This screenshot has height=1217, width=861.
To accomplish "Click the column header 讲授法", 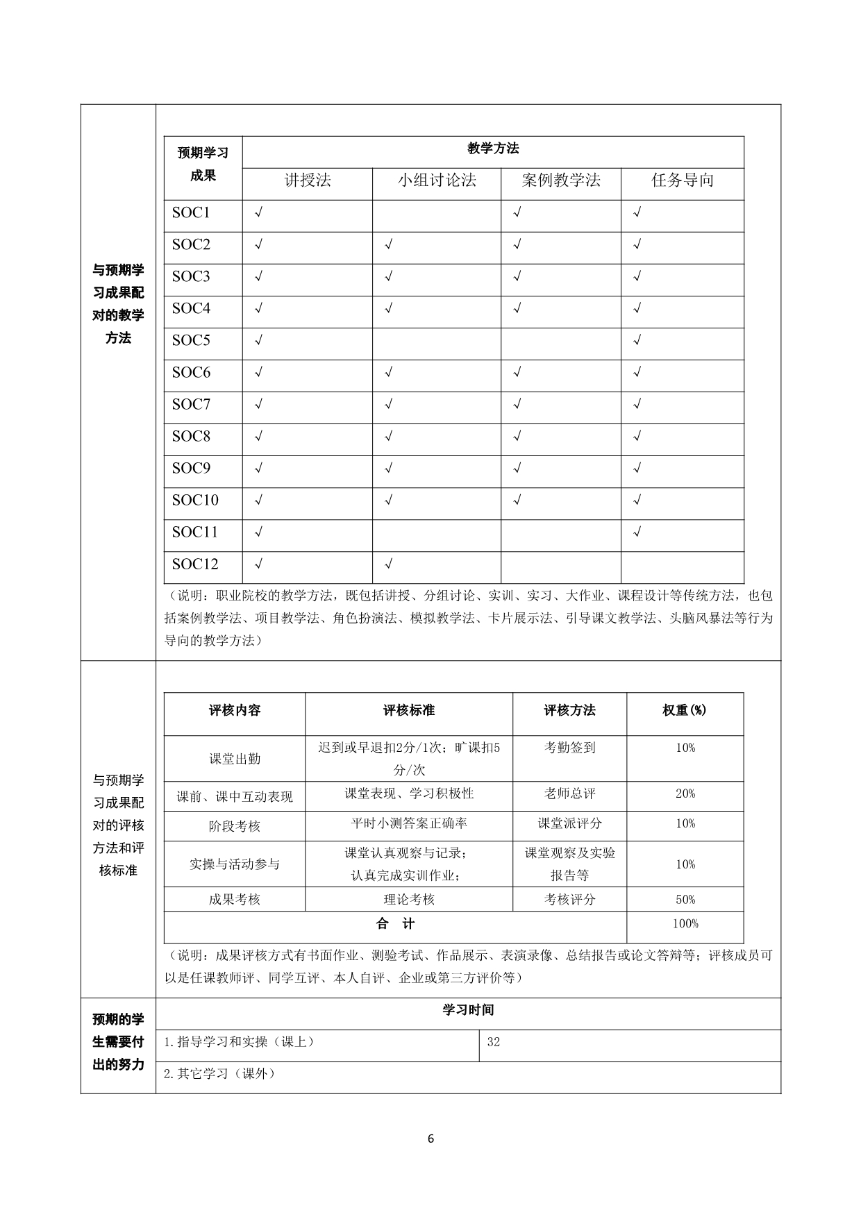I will click(x=308, y=181).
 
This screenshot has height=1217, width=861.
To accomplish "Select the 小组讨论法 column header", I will click(x=437, y=181).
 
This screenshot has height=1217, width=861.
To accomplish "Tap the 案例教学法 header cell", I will click(x=561, y=181).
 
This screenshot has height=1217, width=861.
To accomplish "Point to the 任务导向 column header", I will click(x=683, y=181).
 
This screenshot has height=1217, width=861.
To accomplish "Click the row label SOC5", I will click(x=191, y=340).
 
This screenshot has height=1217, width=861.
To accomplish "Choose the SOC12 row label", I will click(x=195, y=564).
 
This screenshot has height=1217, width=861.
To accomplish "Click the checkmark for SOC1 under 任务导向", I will click(x=637, y=212).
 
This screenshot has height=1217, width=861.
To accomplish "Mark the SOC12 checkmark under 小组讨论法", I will click(x=389, y=564).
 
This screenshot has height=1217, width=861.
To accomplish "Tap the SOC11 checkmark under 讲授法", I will click(x=259, y=532).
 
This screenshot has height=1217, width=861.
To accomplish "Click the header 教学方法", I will click(x=493, y=149).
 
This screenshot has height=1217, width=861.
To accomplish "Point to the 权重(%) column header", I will click(x=685, y=710).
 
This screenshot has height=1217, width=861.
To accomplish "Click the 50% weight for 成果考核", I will click(x=685, y=899).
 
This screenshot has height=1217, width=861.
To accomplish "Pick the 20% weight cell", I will click(x=685, y=794).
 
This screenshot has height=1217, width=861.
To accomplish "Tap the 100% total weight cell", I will click(x=685, y=923).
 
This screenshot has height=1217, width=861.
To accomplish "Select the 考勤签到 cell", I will click(x=570, y=748).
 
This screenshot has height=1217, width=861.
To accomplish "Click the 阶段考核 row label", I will click(x=235, y=826).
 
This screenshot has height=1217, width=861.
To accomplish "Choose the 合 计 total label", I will click(x=395, y=923).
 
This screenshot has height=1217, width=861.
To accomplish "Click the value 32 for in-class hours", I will click(x=494, y=1042).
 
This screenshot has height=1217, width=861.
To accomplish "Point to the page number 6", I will click(x=431, y=1139).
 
